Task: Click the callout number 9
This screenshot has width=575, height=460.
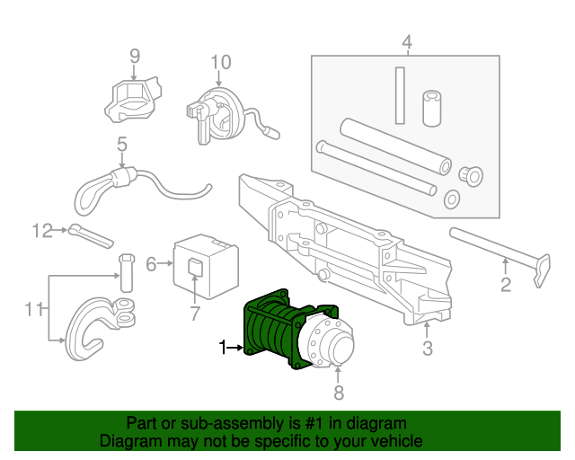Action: [x=135, y=57]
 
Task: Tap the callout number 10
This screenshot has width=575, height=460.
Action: [x=221, y=62]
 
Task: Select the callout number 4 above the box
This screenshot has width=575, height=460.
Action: [x=406, y=42]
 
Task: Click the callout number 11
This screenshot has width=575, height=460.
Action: [x=34, y=310]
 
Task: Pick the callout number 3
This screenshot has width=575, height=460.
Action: [x=428, y=349]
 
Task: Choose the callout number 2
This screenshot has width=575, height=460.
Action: [x=505, y=285]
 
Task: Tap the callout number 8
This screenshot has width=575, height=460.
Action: [x=339, y=392]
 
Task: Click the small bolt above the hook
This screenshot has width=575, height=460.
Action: [x=125, y=274]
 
